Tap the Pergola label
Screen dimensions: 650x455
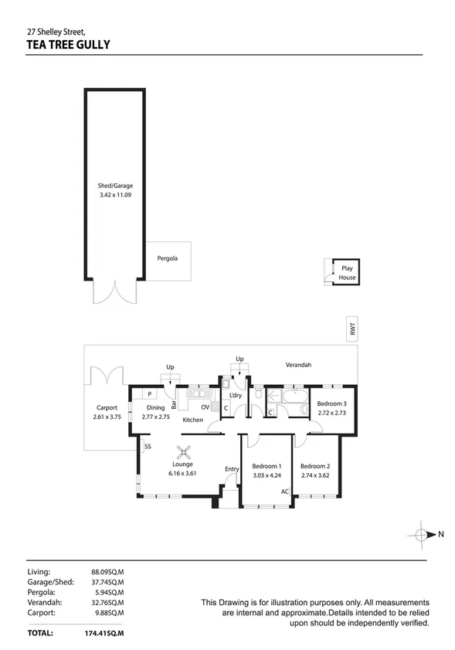point(168,258)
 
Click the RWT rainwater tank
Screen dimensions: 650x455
point(353,329)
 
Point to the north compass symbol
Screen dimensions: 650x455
point(423,534)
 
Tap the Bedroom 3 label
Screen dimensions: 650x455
point(332,403)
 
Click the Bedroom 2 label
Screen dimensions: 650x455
point(314,466)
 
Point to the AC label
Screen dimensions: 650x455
point(284,492)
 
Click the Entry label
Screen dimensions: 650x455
point(232,469)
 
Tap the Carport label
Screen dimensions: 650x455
point(106,408)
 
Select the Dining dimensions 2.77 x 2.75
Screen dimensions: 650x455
point(156,417)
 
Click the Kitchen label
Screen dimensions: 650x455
point(192,420)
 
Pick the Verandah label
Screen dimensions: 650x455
point(298,365)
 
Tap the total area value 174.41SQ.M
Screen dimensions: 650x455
point(108,633)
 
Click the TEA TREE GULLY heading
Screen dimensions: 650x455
point(68,45)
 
